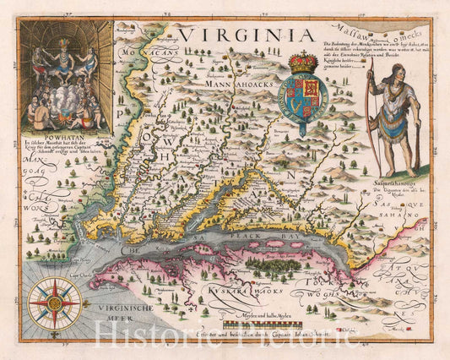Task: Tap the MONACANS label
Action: coord(144,52)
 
